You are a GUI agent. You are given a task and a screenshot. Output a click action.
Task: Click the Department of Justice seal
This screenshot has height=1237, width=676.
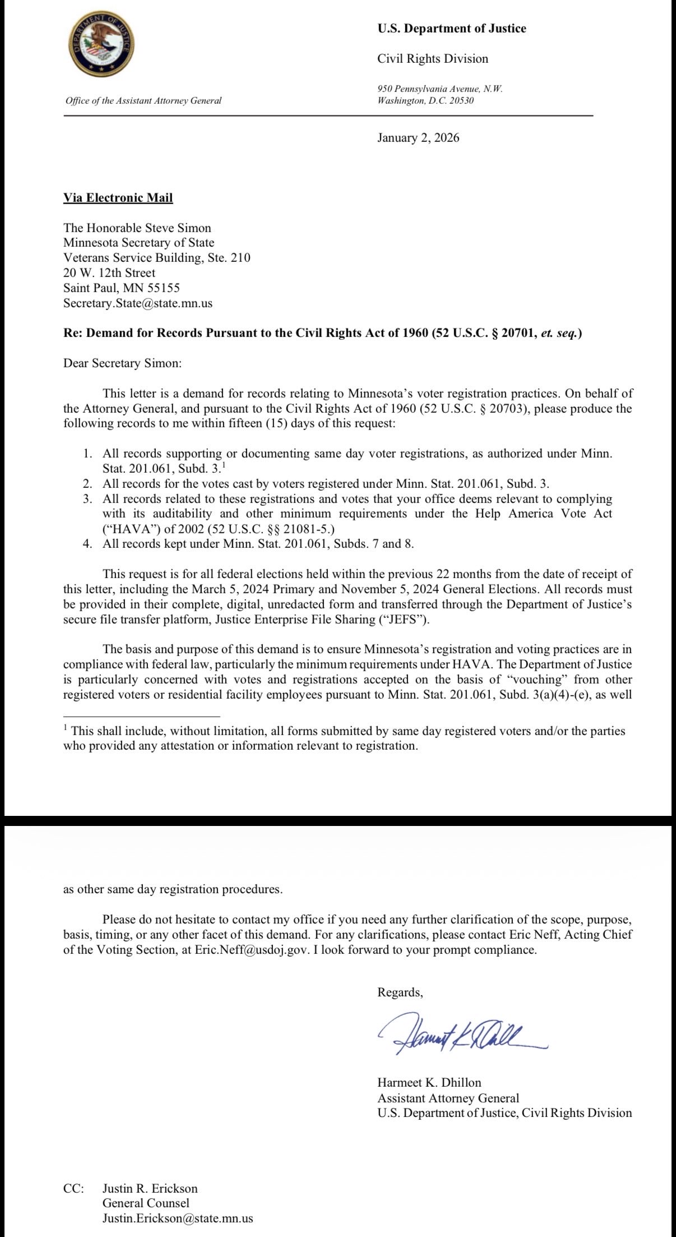point(101,45)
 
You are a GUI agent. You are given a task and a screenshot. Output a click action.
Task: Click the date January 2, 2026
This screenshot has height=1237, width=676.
point(418,138)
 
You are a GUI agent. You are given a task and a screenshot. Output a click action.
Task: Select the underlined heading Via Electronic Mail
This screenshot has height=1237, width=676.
point(118,197)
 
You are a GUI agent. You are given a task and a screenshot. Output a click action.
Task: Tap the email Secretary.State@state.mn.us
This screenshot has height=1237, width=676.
point(138,303)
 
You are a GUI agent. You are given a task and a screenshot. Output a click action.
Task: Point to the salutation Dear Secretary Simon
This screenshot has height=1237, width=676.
point(122,363)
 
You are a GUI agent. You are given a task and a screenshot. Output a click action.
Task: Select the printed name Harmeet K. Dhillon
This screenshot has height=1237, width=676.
point(429,1082)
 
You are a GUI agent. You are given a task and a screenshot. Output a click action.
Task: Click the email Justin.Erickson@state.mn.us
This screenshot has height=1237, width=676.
point(177,1218)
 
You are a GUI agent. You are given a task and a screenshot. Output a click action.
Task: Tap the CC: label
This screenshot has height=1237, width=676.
point(73,1188)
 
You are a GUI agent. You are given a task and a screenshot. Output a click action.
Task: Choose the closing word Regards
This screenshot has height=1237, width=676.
point(400,992)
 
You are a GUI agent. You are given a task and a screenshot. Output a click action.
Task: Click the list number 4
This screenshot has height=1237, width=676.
point(87,543)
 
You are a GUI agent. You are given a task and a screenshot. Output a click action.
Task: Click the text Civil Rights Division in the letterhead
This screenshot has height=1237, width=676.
point(432,59)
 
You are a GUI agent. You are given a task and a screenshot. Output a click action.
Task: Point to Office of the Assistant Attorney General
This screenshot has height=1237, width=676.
point(143,101)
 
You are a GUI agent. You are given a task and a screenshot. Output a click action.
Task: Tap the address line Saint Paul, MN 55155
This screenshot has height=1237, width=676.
point(122,288)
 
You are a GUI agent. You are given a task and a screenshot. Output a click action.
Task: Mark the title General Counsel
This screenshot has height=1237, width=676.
point(146,1203)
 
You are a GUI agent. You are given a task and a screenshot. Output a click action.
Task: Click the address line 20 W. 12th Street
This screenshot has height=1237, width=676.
point(109,273)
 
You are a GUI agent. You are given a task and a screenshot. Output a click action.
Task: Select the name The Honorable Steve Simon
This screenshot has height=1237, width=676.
point(137,228)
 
